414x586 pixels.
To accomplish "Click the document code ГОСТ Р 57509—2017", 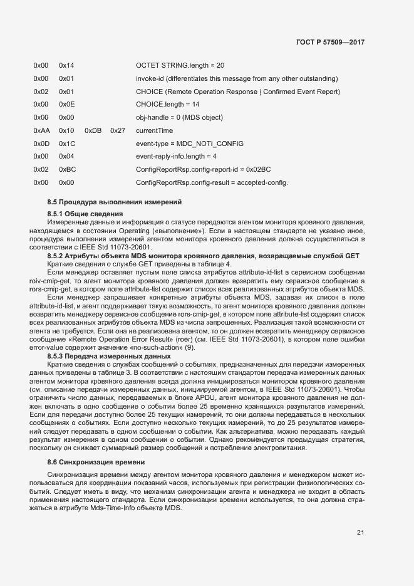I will pos(330,42).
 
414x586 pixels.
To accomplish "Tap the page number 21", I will pos(360,533).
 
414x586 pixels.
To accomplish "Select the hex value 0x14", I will pos(66,65).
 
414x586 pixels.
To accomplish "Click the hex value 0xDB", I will pos(92,130).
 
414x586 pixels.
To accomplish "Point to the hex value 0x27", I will pos(118,130).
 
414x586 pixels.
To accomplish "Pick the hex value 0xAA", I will pos(41,130).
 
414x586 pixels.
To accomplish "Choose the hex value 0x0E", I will pos(66,104).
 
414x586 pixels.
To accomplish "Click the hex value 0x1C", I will pos(66,144).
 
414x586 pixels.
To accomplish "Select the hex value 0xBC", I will pos(67,170).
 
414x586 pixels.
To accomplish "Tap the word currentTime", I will pos(154,130).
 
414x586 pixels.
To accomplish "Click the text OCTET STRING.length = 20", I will pos(180,65).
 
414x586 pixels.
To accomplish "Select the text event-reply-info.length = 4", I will pos(176,157).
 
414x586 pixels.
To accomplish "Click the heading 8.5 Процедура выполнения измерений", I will pos(114,202).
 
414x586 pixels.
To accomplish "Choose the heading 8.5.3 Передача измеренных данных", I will pos(105,355).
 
